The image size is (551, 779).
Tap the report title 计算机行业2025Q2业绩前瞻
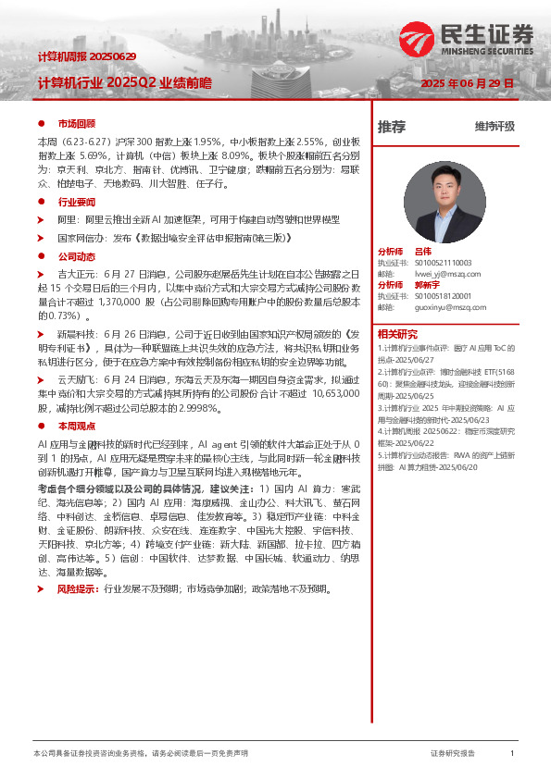pyautogui.click(x=124, y=83)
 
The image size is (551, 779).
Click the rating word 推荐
pyautogui.click(x=392, y=127)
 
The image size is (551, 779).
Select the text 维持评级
pyautogui.click(x=495, y=127)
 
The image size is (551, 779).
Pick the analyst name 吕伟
pyautogui.click(x=422, y=252)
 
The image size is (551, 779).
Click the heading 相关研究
pyautogui.click(x=397, y=334)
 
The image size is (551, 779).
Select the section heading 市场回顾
pyautogui.click(x=77, y=123)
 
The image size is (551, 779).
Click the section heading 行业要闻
pyautogui.click(x=77, y=201)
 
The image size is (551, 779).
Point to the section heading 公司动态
pyautogui.click(x=77, y=256)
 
